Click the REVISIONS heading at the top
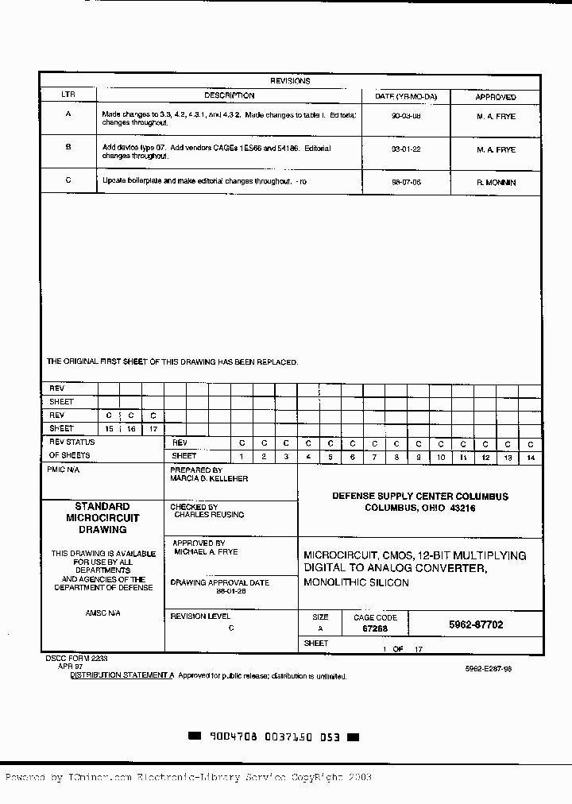tap(290, 81)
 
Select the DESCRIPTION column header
tap(229, 96)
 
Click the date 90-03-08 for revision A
tap(406, 116)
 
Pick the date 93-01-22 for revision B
tap(406, 149)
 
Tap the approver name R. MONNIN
tap(496, 182)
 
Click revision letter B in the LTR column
tap(68, 147)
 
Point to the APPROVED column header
tap(496, 97)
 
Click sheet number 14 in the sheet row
tap(531, 458)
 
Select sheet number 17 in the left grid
tap(153, 429)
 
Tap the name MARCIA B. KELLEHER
tap(210, 479)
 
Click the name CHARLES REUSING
tap(210, 515)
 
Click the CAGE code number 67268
tap(375, 628)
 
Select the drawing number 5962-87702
tap(476, 625)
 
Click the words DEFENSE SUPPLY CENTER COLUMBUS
tap(420, 497)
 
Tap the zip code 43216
tap(462, 508)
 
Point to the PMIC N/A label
tap(64, 470)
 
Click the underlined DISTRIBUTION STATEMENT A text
tap(122, 676)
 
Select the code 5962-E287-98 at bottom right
tap(489, 669)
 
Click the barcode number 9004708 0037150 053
tap(274, 737)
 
